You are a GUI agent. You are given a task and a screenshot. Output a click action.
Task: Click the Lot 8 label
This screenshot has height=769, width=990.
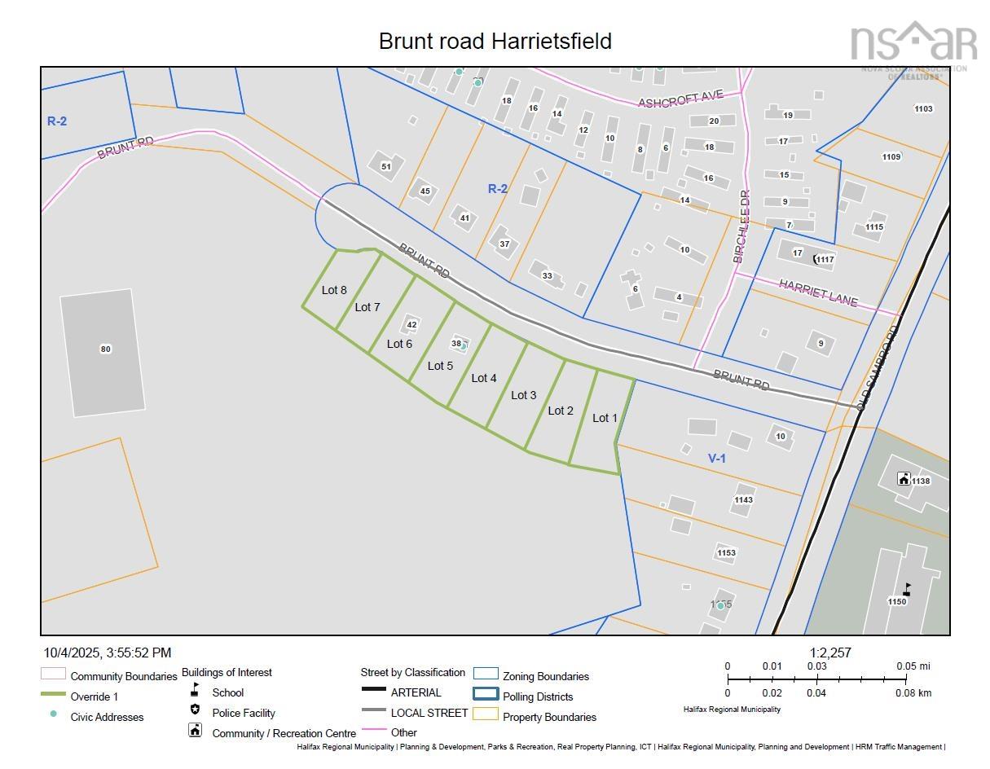click(x=334, y=290)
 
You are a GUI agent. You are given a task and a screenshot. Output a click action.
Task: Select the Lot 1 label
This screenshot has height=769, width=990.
click(x=605, y=418)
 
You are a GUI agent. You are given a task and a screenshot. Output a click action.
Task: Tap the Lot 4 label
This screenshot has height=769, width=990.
click(x=484, y=378)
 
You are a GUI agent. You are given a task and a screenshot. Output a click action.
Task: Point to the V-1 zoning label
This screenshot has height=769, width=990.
click(x=717, y=459)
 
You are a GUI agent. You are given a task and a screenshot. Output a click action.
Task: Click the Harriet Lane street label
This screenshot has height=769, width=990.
click(x=818, y=292)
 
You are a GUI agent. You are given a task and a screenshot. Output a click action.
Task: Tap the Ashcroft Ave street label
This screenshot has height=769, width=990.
click(x=680, y=99)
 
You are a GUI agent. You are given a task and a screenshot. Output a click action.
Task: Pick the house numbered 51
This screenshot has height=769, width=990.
click(x=385, y=166)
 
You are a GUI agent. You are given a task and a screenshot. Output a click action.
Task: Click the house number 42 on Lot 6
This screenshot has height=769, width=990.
click(x=411, y=324)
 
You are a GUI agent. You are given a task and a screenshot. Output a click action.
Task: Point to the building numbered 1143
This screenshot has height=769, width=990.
click(x=743, y=500)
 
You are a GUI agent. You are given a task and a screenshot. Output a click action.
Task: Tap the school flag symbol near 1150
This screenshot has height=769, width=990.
click(x=907, y=589)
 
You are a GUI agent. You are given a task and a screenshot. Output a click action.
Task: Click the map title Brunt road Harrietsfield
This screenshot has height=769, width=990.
click(x=495, y=41)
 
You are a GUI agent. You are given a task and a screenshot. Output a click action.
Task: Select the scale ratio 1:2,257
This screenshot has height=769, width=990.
click(x=830, y=653)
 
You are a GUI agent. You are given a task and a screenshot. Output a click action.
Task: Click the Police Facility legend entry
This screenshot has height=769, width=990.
click(x=244, y=713)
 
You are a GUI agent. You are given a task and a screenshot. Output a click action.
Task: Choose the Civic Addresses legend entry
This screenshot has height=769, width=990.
click(x=107, y=717)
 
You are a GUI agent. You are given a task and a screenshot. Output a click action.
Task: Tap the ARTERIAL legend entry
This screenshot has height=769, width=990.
click(x=416, y=692)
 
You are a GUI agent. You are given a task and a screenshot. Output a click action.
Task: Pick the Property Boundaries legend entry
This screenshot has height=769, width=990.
click(x=549, y=717)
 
